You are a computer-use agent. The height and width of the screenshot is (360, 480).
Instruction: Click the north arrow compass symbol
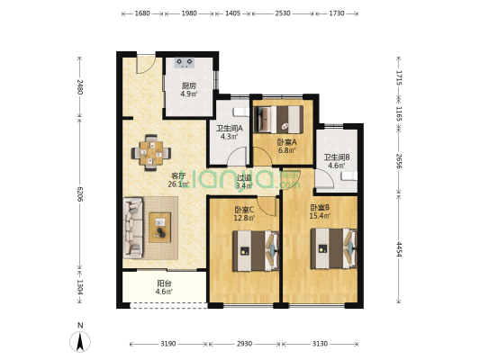[80, 342]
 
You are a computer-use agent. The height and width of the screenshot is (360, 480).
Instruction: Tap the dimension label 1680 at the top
[142, 13]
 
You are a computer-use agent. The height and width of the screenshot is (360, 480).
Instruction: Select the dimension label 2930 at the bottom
[245, 344]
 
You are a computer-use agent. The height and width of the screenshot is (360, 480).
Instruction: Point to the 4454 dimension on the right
[399, 249]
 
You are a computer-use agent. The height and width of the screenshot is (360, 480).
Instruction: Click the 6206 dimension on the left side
[80, 193]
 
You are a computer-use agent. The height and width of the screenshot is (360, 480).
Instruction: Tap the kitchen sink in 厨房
[185, 63]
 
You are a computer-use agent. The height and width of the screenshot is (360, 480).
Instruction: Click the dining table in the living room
[151, 153]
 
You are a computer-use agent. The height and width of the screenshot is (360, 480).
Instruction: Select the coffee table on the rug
[159, 228]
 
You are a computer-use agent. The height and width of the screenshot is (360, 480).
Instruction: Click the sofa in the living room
[133, 228]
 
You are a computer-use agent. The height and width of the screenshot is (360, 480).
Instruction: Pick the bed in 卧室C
[256, 251]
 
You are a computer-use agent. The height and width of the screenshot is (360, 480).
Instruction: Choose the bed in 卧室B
[334, 248]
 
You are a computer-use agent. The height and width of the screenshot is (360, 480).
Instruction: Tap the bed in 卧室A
[278, 120]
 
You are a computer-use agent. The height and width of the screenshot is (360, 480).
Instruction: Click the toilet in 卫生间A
[242, 112]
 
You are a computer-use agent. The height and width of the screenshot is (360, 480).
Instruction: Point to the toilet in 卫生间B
[349, 176]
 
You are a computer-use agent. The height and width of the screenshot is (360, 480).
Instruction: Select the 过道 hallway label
[245, 177]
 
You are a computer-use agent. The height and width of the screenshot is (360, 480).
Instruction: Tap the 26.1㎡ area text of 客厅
[178, 184]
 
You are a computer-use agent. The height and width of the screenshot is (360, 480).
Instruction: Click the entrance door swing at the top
[146, 64]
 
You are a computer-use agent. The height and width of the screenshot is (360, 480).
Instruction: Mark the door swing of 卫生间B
[324, 179]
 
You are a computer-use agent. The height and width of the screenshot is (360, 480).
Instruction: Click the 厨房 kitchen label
[188, 85]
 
